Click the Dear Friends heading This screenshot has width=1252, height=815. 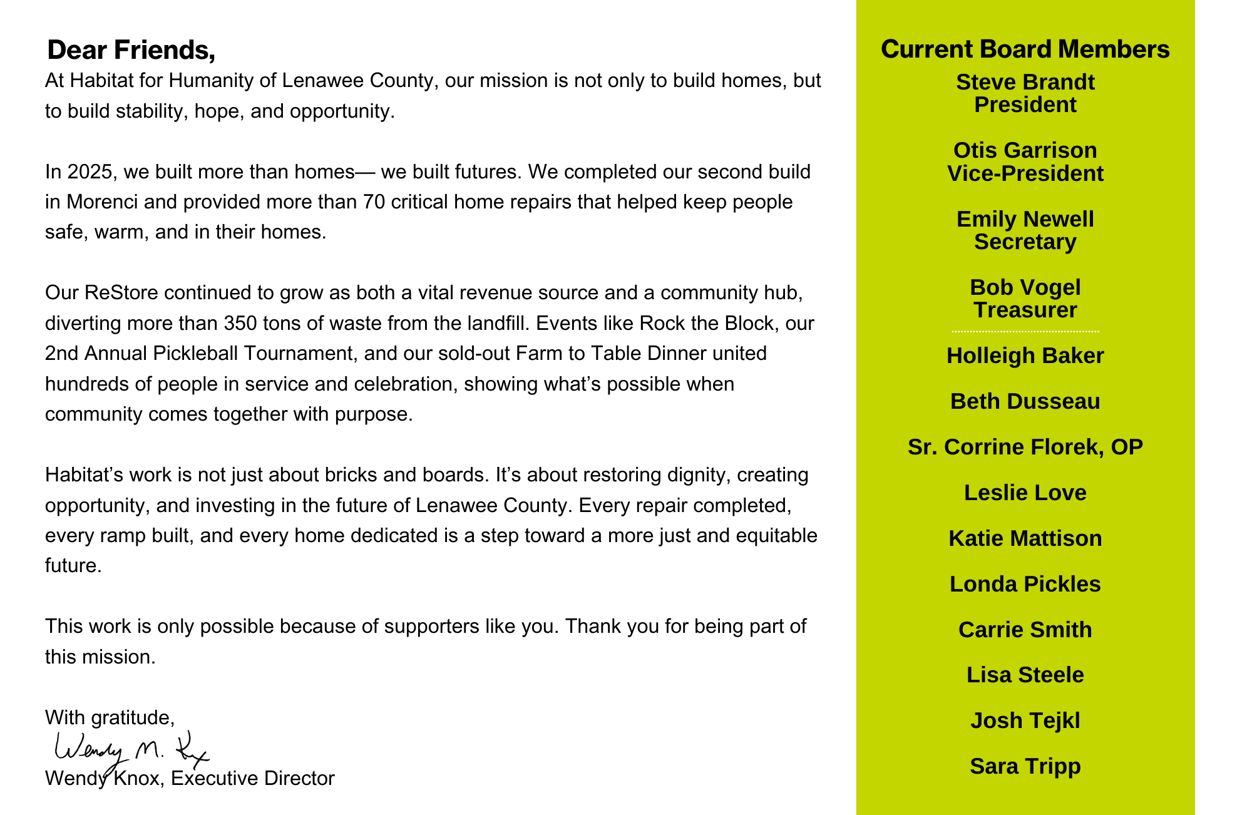131,50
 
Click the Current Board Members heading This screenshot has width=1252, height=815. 1025,49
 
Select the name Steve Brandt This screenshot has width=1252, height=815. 1025,82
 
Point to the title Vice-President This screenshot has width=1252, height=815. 1025,173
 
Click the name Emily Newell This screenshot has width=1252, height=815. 1025,219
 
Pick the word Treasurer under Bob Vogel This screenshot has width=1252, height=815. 1025,310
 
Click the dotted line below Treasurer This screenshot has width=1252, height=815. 1025,331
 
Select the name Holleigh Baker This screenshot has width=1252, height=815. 1025,356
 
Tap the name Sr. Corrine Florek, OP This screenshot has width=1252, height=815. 1025,447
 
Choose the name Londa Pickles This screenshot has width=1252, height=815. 1025,584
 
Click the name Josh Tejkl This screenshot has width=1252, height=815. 1025,720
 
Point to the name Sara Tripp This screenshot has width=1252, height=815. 1025,766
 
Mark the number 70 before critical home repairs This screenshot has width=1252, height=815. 374,202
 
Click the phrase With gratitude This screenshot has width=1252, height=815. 110,717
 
